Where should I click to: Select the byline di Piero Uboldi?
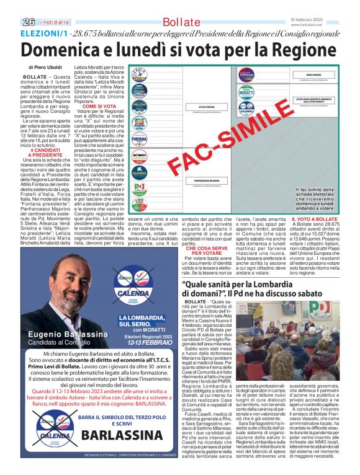(x=45, y=66)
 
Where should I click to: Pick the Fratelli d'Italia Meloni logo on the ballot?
(x=140, y=105)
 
